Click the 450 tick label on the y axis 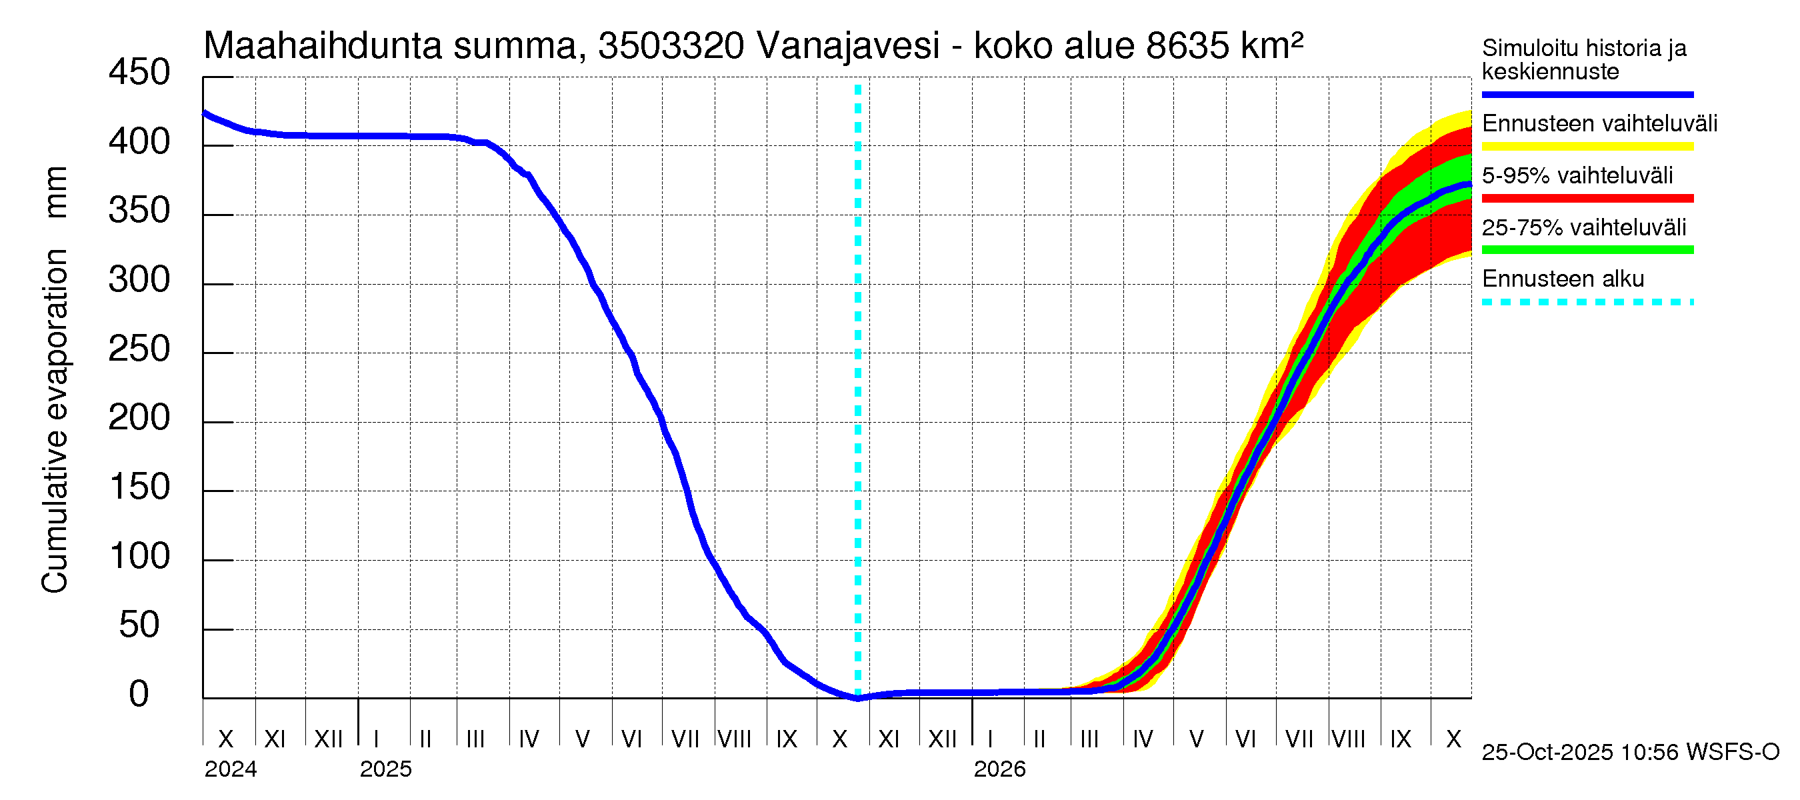click(x=139, y=73)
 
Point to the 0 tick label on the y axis click(x=139, y=695)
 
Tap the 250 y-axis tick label click(x=139, y=349)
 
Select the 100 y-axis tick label click(x=139, y=557)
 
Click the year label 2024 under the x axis click(x=231, y=769)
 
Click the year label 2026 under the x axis click(x=999, y=769)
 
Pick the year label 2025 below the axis click(x=386, y=769)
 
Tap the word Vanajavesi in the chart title click(x=847, y=46)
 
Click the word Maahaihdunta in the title click(x=323, y=46)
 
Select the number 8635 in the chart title click(x=1187, y=46)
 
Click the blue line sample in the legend click(x=1587, y=94)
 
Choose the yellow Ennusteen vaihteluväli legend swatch click(x=1587, y=147)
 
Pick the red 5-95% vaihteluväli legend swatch click(x=1587, y=199)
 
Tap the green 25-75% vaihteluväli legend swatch click(x=1587, y=250)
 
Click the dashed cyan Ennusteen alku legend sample click(x=1587, y=303)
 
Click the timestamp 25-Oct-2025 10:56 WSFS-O click(x=1630, y=753)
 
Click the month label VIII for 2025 click(x=735, y=739)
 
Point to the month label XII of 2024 click(x=329, y=739)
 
